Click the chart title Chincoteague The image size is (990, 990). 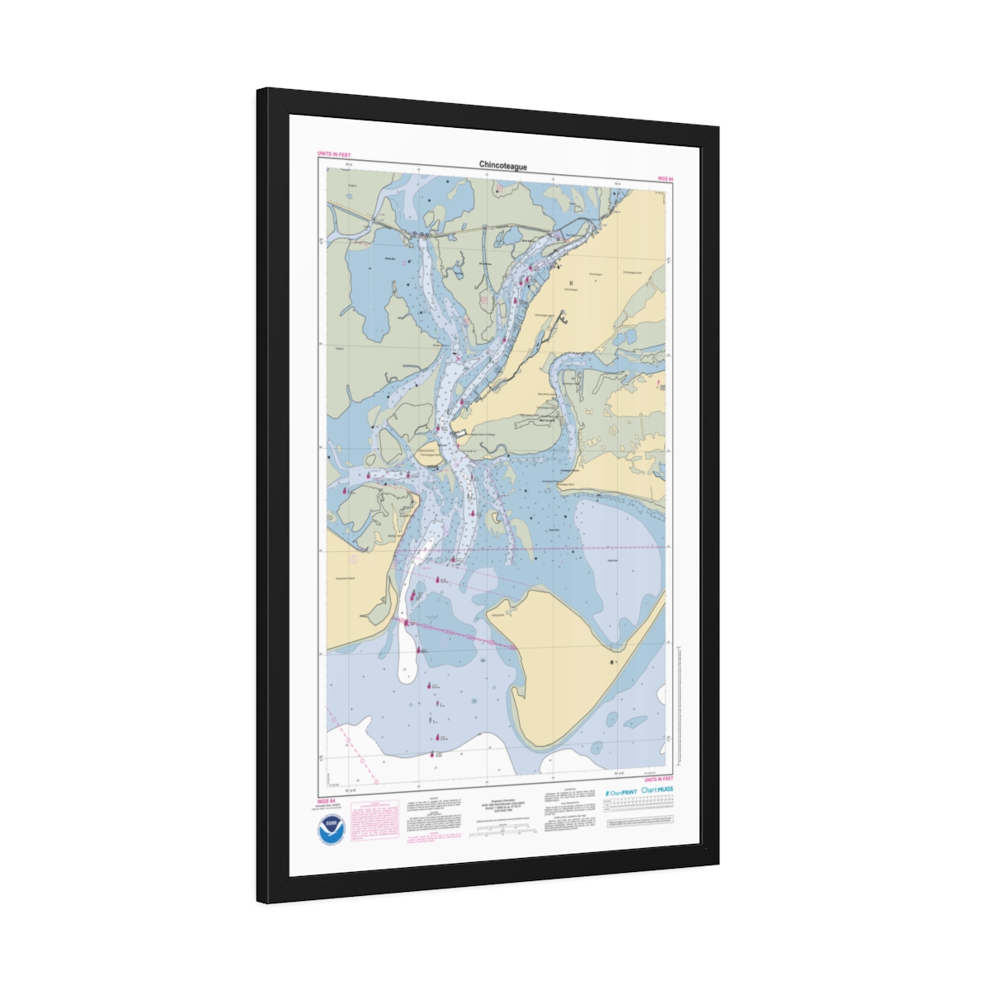point(502,166)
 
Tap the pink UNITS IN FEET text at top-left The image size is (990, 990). point(333,154)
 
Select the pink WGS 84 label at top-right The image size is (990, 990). point(666,178)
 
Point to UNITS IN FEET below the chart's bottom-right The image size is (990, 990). point(658,779)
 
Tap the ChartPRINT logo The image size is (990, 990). point(620,790)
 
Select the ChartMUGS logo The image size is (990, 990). point(657,790)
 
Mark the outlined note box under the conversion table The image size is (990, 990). point(640,822)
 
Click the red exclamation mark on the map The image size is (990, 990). point(658,384)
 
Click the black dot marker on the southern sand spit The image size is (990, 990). point(612,662)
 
